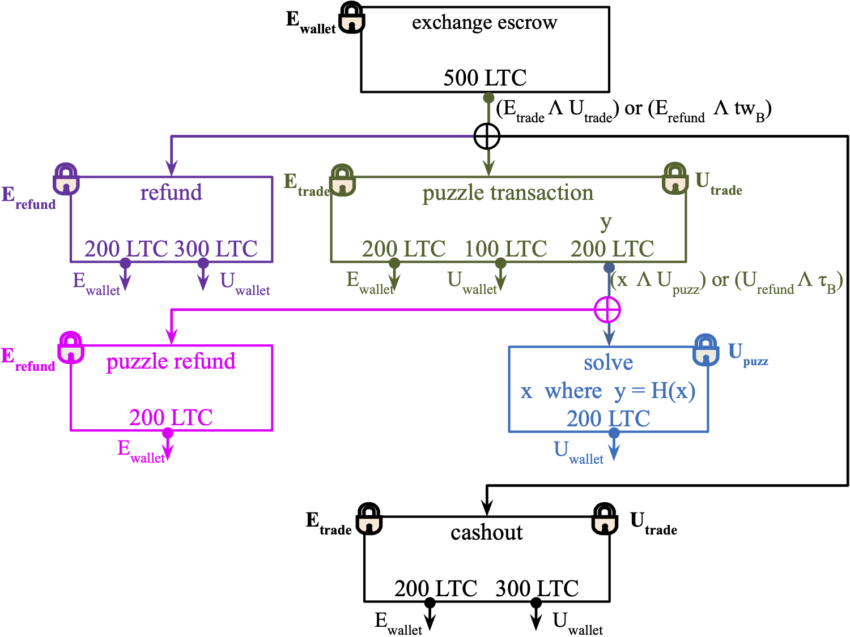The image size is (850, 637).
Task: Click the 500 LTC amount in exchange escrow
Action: click(484, 78)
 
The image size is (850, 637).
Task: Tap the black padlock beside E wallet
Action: click(352, 18)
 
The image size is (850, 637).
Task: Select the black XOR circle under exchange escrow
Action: click(487, 136)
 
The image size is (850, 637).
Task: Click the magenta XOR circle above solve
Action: click(607, 310)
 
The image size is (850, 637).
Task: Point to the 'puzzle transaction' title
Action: click(508, 193)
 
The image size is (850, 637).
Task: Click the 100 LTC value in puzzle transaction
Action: click(505, 249)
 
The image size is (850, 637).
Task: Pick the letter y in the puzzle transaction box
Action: click(606, 223)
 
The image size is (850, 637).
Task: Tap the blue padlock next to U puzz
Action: click(706, 350)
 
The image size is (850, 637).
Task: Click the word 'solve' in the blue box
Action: click(608, 362)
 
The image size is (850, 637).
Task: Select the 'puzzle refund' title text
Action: click(171, 361)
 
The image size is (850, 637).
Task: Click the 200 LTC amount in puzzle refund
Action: click(171, 418)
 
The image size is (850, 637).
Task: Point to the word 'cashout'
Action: click(486, 532)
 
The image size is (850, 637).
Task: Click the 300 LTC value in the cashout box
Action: click(537, 589)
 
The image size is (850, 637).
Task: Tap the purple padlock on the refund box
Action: click(66, 179)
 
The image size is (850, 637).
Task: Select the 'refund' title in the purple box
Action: click(171, 193)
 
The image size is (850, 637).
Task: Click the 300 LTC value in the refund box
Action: click(215, 249)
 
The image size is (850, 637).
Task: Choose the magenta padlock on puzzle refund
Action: click(71, 348)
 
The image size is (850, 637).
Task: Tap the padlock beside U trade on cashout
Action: click(605, 519)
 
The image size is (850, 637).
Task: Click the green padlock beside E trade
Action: click(343, 181)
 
